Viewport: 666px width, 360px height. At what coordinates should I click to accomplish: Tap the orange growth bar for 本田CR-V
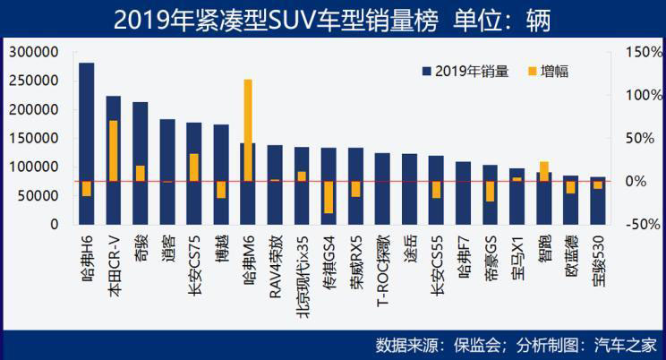[x=114, y=150]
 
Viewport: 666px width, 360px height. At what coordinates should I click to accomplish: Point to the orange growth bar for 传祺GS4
[x=329, y=197]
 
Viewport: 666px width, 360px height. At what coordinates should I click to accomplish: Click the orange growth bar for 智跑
[x=543, y=171]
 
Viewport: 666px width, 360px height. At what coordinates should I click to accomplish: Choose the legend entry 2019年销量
[x=465, y=71]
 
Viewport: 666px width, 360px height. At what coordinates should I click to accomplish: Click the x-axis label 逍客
[x=168, y=244]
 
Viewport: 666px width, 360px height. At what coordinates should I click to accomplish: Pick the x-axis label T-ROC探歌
[x=383, y=260]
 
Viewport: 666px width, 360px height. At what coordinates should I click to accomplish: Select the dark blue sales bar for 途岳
[x=409, y=188]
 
